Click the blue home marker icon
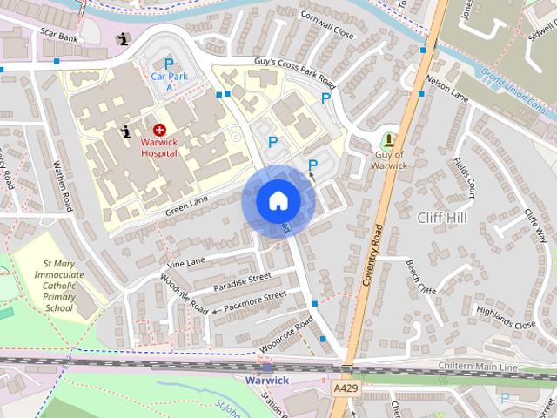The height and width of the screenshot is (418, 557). (x=278, y=200)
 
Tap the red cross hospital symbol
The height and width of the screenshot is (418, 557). (x=159, y=129)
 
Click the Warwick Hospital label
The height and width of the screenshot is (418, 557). (x=159, y=147)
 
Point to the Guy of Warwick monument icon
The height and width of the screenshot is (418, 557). (x=388, y=139)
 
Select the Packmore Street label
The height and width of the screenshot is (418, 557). (x=254, y=301)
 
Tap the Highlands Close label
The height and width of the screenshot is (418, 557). (x=512, y=320)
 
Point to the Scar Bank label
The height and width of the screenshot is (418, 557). (x=58, y=34)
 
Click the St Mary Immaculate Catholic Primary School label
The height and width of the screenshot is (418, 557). (x=59, y=285)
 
